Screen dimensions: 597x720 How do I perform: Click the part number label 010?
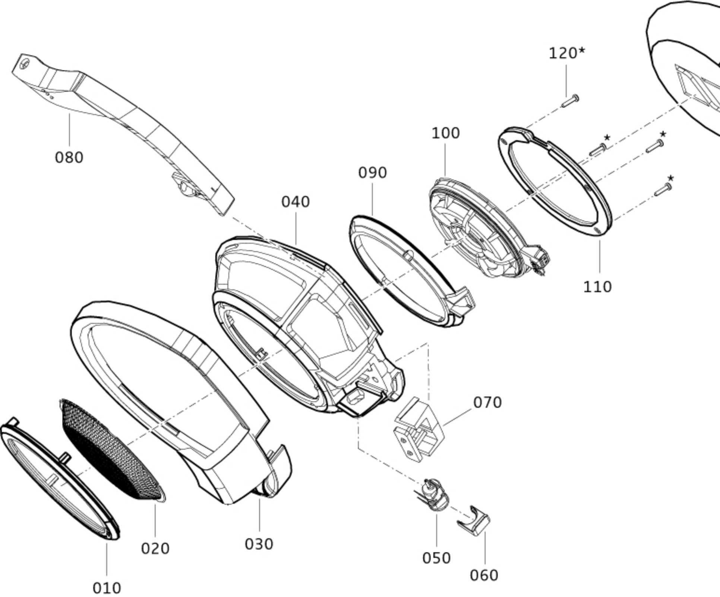[x=107, y=588]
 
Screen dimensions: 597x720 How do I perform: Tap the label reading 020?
[x=155, y=549]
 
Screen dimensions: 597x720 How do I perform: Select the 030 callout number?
[x=259, y=544]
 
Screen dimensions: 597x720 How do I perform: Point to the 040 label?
[x=296, y=202]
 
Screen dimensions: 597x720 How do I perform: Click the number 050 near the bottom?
[x=436, y=558]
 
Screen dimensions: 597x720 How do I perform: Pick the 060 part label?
[x=484, y=575]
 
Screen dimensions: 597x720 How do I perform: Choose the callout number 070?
[x=487, y=402]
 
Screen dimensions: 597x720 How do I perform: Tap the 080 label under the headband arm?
[x=69, y=157]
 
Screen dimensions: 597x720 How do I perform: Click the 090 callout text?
[x=373, y=173]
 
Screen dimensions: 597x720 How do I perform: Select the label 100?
[x=446, y=133]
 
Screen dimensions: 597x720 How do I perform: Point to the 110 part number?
[x=597, y=287]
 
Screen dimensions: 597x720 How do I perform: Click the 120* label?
[x=567, y=53]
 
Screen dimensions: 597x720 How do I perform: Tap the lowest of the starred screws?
[x=663, y=190]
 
